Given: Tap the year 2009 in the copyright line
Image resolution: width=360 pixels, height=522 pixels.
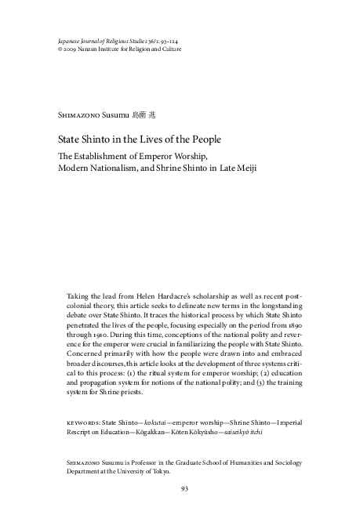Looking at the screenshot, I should coord(65,49).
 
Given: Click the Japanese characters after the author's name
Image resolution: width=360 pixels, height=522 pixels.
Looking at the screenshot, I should coord(146,114).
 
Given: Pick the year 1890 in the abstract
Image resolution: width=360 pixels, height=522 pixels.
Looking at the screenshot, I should coord(293,321).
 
